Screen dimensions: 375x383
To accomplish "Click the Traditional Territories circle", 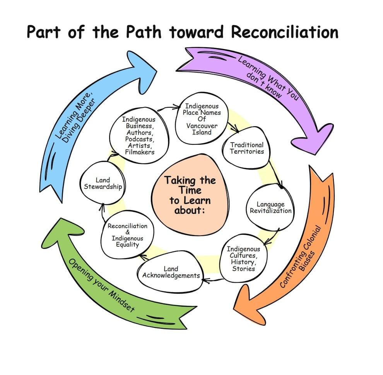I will coord(247,148).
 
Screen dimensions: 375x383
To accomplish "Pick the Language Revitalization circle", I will coord(270,207).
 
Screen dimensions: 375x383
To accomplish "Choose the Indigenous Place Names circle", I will coord(202,119).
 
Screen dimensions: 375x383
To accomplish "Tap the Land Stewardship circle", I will coord(103,183).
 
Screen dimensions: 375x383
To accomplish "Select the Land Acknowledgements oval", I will coord(171,272).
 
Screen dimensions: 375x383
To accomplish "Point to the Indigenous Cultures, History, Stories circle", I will coord(243,258).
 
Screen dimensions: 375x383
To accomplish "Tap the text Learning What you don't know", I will coord(268,77).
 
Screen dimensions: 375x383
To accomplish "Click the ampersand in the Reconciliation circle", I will coord(128,232).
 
